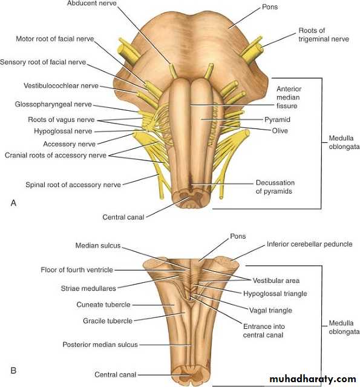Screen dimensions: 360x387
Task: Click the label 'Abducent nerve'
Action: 91,3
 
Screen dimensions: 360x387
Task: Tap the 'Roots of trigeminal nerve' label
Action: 324,35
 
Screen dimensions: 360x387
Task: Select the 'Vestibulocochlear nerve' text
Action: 61,85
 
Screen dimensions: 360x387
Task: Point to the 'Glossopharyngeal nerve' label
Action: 53,104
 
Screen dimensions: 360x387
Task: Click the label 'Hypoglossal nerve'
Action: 63,131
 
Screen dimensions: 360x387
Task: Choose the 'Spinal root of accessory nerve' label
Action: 73,185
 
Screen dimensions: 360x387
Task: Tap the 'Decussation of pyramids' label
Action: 275,187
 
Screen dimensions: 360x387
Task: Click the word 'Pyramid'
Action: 277,120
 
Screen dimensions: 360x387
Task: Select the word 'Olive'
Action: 280,131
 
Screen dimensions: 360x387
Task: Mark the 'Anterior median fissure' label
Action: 289,98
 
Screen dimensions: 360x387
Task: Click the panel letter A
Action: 13,203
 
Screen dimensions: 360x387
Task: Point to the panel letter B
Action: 13,371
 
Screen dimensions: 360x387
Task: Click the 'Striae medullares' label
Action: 88,288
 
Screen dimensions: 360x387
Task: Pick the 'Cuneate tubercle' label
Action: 103,305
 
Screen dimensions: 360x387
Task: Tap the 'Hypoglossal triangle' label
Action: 275,294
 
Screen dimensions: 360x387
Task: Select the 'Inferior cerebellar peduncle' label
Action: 309,244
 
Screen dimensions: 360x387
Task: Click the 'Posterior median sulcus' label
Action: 100,345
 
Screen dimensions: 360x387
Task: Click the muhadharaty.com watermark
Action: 313,379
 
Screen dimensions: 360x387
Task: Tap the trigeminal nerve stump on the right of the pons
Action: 252,51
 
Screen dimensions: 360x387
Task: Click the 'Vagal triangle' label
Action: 270,311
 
